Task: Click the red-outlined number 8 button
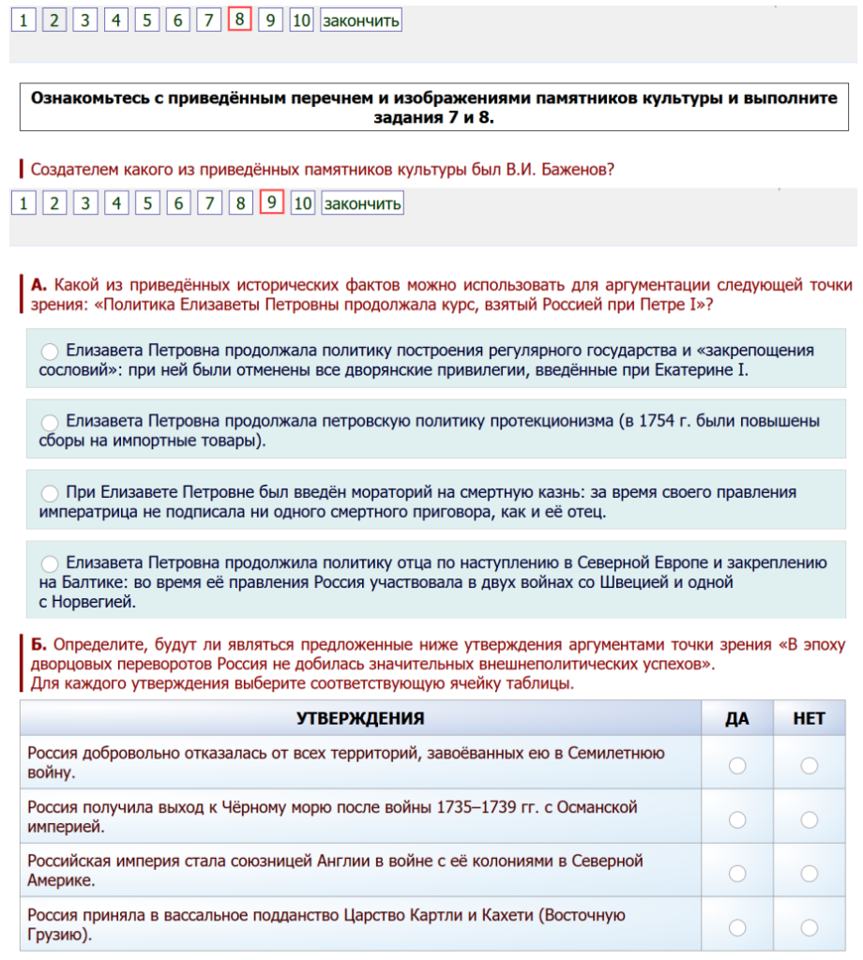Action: [239, 20]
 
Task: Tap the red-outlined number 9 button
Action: [271, 202]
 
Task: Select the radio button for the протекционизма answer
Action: [50, 422]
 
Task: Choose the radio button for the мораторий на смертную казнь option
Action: [50, 492]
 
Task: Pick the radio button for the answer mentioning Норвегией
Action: [50, 563]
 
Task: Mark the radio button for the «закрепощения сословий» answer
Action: [50, 351]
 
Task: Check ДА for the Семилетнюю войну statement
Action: [737, 765]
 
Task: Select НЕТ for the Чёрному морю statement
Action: [809, 819]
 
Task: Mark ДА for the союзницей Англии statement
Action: [737, 873]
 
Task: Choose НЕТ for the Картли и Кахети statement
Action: [809, 926]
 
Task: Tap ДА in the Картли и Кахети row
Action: [737, 926]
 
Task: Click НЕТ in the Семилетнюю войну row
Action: [809, 765]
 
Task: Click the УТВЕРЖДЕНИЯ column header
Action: [360, 718]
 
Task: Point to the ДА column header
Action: [737, 718]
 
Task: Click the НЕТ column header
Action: [809, 718]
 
